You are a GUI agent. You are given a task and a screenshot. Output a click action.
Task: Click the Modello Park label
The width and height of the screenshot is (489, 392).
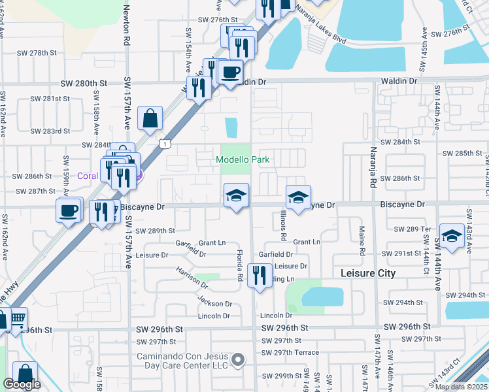(x=243, y=160)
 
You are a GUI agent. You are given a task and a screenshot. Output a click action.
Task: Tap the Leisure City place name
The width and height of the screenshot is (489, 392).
(x=368, y=273)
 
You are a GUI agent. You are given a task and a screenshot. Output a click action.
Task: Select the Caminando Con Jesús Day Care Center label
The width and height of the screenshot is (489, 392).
(x=182, y=361)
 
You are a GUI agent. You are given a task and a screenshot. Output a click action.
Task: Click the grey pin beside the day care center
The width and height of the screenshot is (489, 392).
(x=239, y=359)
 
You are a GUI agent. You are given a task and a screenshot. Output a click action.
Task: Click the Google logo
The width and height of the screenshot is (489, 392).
(x=22, y=384)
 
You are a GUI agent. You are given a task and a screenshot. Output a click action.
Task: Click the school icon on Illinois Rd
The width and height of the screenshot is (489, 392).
(x=297, y=197)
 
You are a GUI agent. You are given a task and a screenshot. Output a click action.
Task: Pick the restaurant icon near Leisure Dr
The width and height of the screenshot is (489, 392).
(x=260, y=275)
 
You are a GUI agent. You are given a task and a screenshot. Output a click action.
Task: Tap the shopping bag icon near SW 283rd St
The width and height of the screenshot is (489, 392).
(x=150, y=119)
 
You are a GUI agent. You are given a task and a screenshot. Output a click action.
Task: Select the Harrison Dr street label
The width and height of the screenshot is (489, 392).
(x=192, y=278)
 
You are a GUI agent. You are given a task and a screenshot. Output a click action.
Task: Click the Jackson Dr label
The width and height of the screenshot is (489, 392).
(x=215, y=303)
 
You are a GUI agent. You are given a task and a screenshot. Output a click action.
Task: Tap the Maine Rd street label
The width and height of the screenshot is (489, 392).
(x=362, y=240)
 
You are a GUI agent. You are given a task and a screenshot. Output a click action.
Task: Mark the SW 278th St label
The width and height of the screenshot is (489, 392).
(x=49, y=52)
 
